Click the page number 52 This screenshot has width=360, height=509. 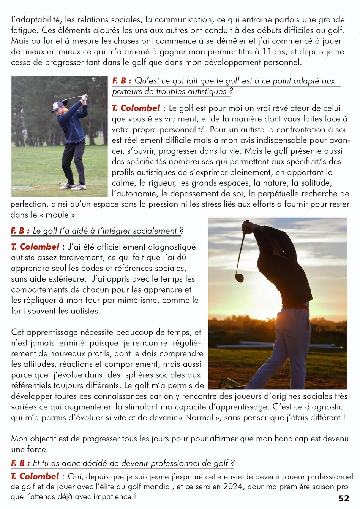pos(343,498)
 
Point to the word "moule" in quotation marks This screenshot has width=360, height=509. pos(57,215)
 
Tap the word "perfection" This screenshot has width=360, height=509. pos(29,204)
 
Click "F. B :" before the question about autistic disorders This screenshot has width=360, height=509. pos(122,81)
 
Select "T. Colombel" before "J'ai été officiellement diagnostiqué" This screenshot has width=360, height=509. pos(35,247)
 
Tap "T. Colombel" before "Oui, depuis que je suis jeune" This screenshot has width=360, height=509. pos(35,476)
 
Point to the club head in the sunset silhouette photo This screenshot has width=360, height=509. pos(239,277)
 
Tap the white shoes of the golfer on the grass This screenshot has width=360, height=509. pos(74,186)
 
